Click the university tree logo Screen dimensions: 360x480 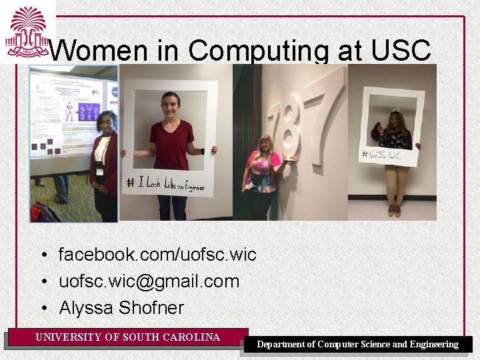(27, 31)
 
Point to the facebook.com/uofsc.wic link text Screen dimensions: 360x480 (157, 255)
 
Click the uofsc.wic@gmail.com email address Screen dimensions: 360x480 (149, 281)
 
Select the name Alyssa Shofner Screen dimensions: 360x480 (121, 308)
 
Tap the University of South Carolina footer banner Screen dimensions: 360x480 (127, 337)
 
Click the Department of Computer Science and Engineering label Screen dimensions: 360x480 (358, 345)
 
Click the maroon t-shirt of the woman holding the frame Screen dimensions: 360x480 (171, 143)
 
